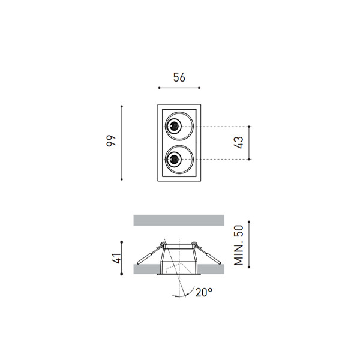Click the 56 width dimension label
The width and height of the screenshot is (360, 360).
pos(179,77)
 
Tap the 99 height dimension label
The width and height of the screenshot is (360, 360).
pos(111,141)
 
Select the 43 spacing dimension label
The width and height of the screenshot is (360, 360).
pos(239,143)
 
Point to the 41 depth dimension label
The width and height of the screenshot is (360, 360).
pos(116,258)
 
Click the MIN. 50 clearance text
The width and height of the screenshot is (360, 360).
pos(239,245)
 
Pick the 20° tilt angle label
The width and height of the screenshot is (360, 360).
pos(204,292)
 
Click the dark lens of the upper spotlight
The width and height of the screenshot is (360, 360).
pos(174,126)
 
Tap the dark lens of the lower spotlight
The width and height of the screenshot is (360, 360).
pos(174,159)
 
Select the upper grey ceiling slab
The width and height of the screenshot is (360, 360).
pos(179,220)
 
